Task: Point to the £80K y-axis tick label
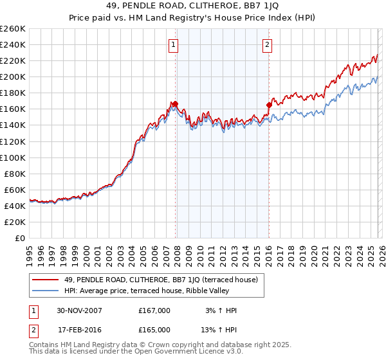click(15, 174)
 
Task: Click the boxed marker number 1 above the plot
click(174, 44)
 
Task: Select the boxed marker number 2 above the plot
click(267, 44)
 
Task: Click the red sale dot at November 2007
click(174, 104)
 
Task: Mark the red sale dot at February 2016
click(269, 105)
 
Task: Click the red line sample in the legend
click(46, 280)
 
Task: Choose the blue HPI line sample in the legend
click(46, 291)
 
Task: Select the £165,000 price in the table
click(154, 329)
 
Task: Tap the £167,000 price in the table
click(154, 310)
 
